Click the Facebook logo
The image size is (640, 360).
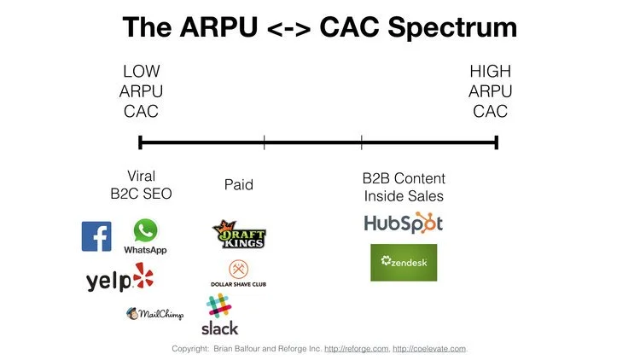[96, 236]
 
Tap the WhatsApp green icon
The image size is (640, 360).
[146, 230]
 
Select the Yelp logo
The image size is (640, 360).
[120, 279]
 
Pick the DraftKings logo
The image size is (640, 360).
[239, 235]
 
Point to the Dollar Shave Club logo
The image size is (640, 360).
[238, 273]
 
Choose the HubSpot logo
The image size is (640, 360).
[404, 224]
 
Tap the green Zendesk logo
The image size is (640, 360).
[404, 262]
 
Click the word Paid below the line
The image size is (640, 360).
[239, 185]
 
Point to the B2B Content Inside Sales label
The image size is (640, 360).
[404, 188]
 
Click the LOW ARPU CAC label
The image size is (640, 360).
[141, 91]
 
